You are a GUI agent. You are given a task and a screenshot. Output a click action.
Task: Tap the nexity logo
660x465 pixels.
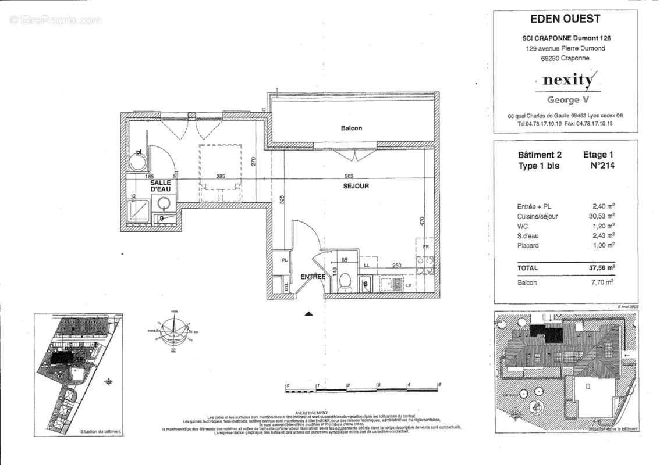click(569, 80)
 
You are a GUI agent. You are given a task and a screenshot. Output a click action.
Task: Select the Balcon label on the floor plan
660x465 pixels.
click(352, 128)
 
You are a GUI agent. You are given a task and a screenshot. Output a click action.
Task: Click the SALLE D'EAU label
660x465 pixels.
click(160, 185)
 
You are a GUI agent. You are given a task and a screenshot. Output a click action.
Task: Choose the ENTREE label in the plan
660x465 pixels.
click(313, 277)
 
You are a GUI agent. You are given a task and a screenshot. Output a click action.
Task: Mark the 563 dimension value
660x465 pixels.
click(349, 176)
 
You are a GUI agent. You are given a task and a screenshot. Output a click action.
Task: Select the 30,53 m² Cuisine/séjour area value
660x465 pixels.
click(602, 216)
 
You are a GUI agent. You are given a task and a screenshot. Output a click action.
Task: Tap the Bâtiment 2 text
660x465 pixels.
click(540, 155)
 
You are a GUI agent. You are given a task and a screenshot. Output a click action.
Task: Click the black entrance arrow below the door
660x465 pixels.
click(309, 313)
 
